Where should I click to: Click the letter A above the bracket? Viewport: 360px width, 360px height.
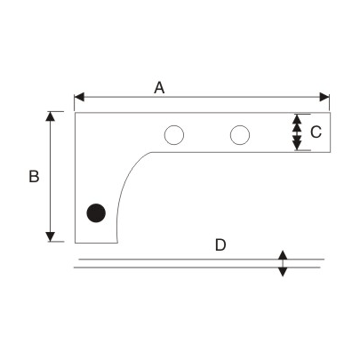[159, 87]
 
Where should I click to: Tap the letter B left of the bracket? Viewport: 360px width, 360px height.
[34, 177]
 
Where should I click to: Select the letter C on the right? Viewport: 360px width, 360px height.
[316, 132]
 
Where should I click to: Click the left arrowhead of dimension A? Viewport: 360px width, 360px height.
[79, 97]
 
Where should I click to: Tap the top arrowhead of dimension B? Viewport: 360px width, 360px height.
[55, 116]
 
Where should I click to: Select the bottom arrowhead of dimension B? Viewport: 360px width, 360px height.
[55, 236]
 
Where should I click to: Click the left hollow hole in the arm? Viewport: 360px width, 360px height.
[173, 135]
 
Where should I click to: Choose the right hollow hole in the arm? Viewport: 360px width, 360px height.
[239, 135]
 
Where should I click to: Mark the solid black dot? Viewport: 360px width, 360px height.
[96, 212]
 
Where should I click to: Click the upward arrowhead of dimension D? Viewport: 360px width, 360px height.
[283, 255]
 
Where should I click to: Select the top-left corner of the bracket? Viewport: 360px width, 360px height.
[75, 112]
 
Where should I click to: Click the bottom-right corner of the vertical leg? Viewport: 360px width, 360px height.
[116, 242]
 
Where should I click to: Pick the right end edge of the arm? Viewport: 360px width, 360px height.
[330, 132]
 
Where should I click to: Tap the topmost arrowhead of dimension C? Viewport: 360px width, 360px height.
[297, 118]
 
